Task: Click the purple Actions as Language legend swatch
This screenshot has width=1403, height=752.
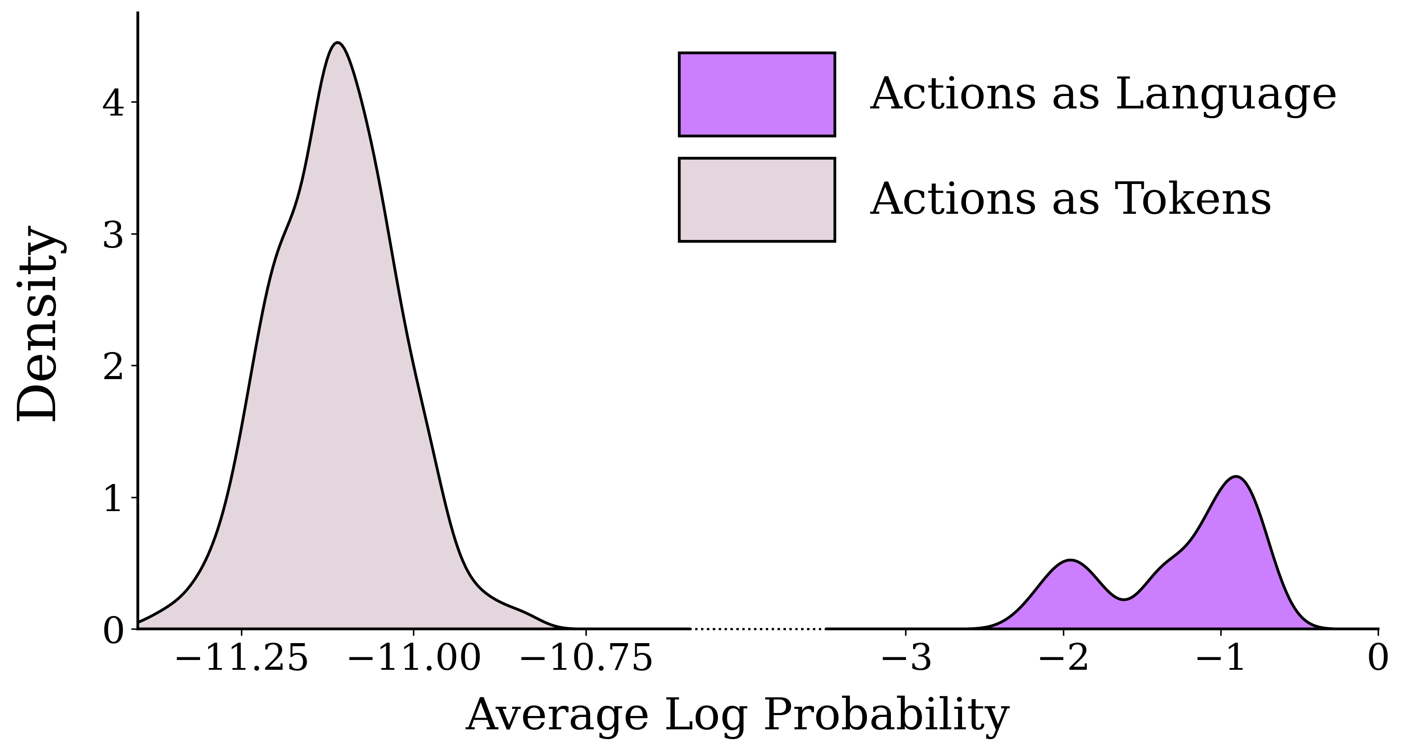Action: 757,94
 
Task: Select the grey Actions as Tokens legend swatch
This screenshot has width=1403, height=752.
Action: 757,199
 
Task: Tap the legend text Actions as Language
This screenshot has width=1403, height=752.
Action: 1102,94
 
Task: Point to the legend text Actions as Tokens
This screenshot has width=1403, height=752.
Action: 1070,199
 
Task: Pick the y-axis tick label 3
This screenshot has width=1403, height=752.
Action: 113,235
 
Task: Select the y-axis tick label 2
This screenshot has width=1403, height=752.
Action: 113,367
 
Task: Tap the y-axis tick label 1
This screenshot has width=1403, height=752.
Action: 113,498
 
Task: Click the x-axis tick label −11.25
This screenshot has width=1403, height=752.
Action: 242,658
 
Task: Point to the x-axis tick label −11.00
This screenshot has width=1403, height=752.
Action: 414,658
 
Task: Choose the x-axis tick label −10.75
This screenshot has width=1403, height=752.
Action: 586,658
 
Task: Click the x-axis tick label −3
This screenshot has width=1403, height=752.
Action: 906,658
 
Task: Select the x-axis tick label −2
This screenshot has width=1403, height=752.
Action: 1063,658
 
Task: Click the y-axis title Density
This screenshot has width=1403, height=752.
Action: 37,324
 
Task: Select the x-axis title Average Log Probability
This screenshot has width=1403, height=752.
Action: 738,714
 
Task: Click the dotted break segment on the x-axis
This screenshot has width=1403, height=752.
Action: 758,629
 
